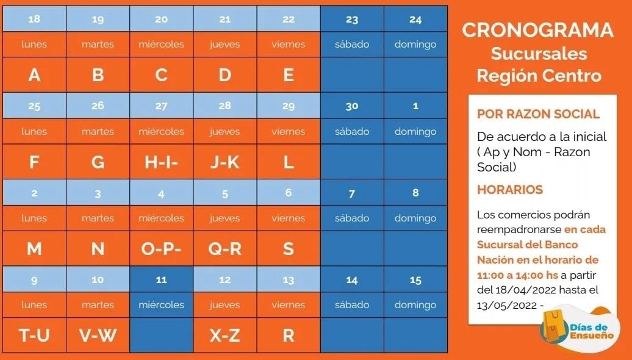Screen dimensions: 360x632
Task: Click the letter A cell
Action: [34, 75]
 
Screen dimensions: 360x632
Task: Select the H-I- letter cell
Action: [161, 162]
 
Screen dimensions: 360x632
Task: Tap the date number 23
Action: [352, 20]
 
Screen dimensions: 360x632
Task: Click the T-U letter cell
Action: [34, 335]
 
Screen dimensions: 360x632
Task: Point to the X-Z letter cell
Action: [224, 335]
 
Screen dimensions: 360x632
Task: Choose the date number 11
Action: [161, 280]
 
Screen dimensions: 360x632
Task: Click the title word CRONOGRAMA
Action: [537, 31]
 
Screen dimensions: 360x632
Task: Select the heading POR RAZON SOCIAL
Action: [538, 114]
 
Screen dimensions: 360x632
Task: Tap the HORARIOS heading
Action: [509, 190]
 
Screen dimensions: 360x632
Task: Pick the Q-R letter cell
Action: [224, 249]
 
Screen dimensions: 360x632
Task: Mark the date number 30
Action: [352, 106]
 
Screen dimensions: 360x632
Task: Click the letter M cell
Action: [34, 249]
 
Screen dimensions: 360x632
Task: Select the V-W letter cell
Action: [98, 335]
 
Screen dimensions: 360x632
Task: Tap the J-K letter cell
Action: [224, 162]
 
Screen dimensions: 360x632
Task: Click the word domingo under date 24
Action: [415, 45]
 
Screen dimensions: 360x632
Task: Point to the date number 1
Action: [415, 106]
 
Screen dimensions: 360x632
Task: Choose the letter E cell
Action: [289, 75]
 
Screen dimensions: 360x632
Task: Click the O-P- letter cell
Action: [161, 249]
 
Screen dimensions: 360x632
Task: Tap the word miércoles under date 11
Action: [161, 305]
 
